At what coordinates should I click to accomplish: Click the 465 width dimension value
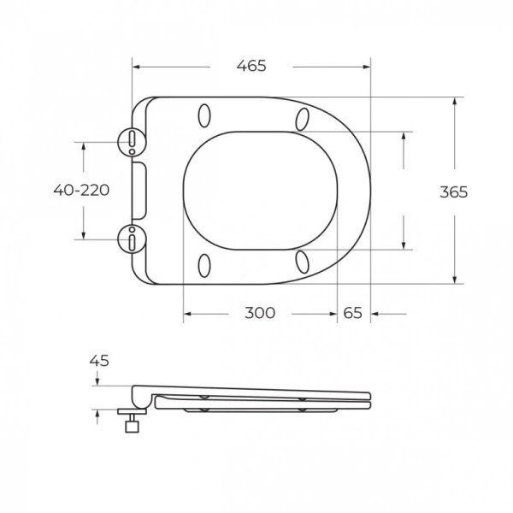coord(252,66)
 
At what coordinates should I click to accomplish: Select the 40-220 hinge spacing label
coord(81,190)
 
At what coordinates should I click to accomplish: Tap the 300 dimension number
coord(260,313)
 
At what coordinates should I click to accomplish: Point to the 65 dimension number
coord(352,313)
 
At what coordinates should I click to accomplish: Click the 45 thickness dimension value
coord(99,361)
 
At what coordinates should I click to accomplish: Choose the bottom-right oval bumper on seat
coord(301,262)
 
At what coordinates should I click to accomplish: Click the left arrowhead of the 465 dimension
coord(136,66)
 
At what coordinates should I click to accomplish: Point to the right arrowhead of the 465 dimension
coord(367,66)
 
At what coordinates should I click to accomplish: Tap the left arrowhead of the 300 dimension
coord(188,313)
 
